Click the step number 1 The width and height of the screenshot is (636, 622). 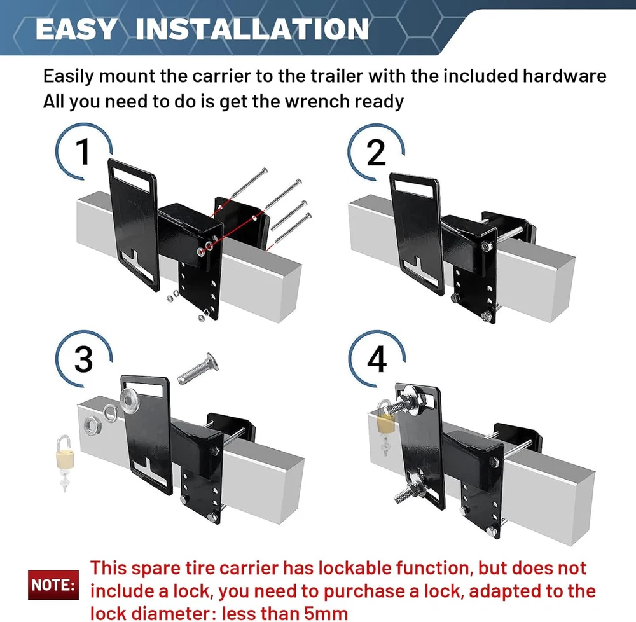pos(83,151)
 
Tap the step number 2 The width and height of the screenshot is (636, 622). pos(376,153)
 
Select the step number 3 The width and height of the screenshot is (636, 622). pos(83,360)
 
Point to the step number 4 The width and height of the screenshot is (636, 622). pos(377,360)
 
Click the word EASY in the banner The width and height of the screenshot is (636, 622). pos(76,29)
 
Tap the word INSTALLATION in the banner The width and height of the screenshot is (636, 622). pos(252,29)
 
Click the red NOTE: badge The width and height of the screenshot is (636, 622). pos(53,584)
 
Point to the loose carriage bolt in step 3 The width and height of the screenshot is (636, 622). pos(198,369)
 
